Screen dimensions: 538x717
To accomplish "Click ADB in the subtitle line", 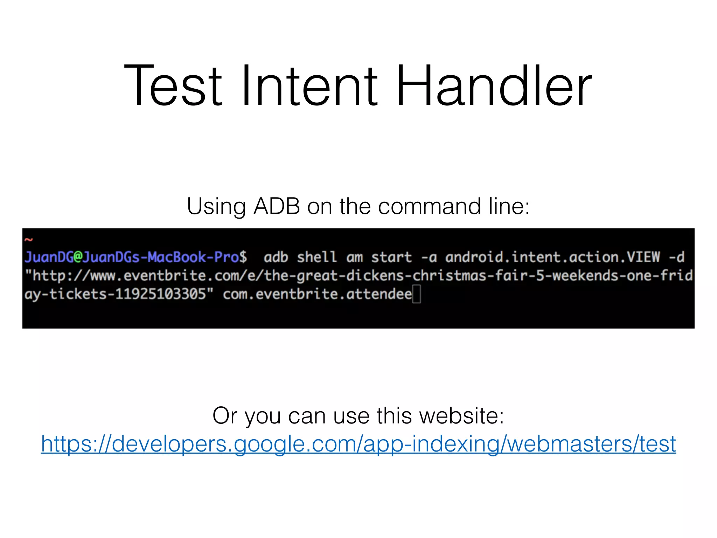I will click(x=277, y=206).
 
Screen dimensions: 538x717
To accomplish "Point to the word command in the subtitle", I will click(x=429, y=206).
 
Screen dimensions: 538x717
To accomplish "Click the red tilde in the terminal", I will click(x=29, y=240).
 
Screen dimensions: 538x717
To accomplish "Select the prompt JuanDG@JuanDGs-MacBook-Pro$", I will click(x=136, y=257).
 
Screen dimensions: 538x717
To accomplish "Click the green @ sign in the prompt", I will click(x=77, y=257).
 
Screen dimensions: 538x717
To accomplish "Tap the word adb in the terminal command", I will click(x=276, y=257).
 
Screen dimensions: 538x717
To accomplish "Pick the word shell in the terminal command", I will click(x=316, y=257).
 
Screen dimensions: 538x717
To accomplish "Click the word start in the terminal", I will click(x=391, y=257).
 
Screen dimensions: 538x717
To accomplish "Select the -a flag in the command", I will click(x=429, y=257).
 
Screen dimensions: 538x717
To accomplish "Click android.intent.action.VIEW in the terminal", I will click(x=552, y=257).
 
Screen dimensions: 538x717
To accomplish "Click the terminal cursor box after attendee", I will click(x=416, y=294).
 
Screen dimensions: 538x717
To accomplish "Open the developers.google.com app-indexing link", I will click(x=358, y=444).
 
